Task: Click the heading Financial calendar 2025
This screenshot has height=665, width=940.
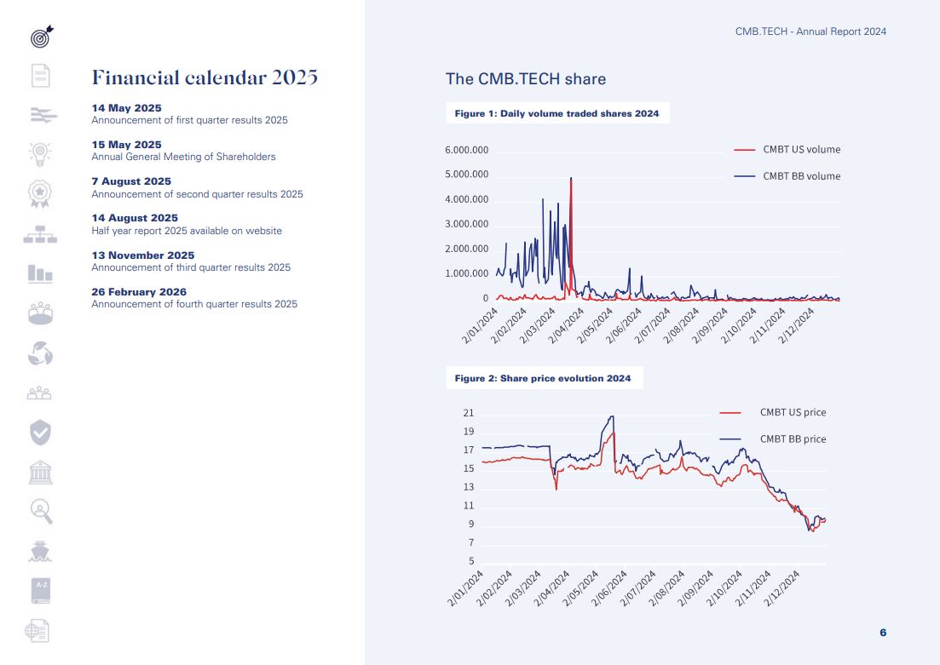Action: [x=205, y=78]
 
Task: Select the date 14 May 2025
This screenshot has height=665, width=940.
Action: [x=126, y=108]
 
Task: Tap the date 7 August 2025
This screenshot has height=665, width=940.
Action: [x=131, y=181]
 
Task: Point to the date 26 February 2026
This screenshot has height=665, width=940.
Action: [x=139, y=292]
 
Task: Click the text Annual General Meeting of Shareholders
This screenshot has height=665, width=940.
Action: [x=183, y=157]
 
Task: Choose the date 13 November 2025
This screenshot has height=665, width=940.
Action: [x=143, y=255]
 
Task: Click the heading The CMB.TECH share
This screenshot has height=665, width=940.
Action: [x=526, y=79]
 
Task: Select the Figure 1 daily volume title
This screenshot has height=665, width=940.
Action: [x=557, y=113]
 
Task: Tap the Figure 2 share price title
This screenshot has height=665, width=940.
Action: [x=543, y=378]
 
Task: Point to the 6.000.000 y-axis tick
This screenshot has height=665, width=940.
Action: [x=466, y=151]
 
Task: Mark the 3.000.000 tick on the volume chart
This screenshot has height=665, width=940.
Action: [x=466, y=225]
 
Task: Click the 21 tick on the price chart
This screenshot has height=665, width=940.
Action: [x=469, y=414]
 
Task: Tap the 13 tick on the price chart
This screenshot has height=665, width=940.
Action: [x=469, y=488]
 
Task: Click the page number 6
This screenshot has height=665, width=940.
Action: [x=883, y=633]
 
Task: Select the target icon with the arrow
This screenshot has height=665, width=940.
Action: [x=41, y=37]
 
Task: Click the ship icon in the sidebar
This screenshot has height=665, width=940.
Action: [x=40, y=551]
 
